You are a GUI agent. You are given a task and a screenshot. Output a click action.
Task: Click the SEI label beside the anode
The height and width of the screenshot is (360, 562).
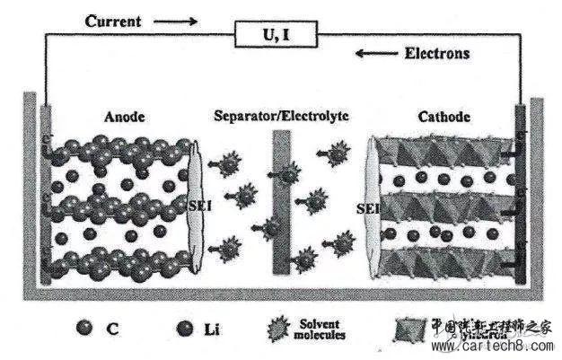pos(198,206)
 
